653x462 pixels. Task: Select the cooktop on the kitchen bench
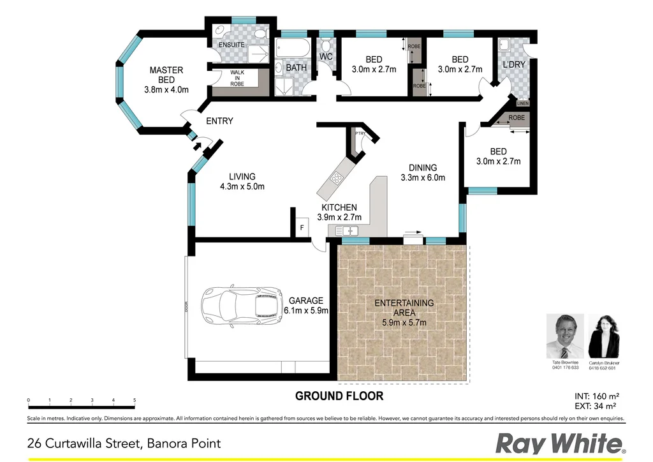click(336, 179)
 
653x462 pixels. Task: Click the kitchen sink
click(349, 230)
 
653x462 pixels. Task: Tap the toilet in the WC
click(326, 45)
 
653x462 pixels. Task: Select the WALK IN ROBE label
click(237, 78)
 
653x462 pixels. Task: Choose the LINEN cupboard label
click(523, 103)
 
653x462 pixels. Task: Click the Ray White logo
click(559, 442)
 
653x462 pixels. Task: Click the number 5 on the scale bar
click(135, 400)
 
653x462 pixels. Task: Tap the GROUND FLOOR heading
click(339, 396)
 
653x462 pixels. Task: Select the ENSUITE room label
click(231, 45)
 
